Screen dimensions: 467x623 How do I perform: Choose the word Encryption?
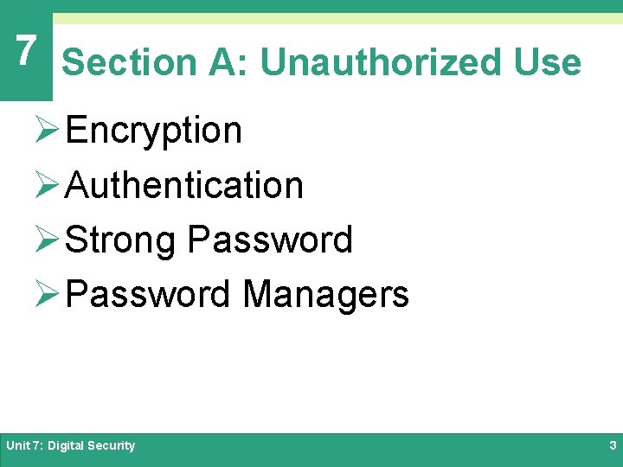pos(153,131)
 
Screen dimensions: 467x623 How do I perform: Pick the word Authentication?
pos(183,185)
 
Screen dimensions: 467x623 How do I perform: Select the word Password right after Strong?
pos(270,240)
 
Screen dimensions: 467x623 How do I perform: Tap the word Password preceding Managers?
pos(147,294)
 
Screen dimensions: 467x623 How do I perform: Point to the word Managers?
pos(325,294)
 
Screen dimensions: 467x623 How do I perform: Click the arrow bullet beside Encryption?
pos(48,131)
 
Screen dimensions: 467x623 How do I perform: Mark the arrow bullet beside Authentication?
pos(48,186)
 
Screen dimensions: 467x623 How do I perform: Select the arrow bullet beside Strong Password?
pos(48,240)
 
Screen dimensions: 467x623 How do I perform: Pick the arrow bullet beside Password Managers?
pos(48,295)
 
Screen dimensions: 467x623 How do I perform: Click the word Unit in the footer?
pos(17,446)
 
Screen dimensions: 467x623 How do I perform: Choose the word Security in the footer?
pos(111,446)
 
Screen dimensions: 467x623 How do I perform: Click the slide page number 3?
pos(613,446)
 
